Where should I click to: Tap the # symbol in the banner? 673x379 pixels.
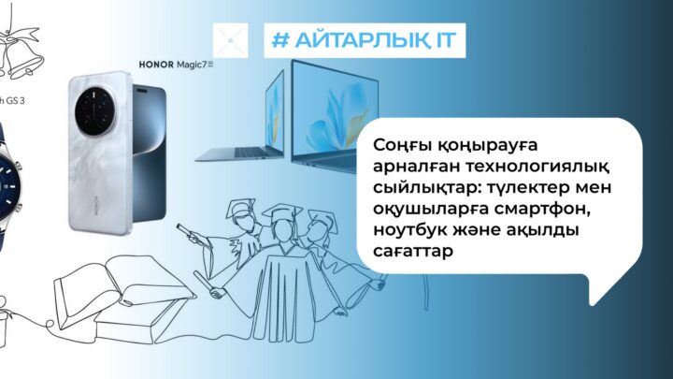(x=281, y=40)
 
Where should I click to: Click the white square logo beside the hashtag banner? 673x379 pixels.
(x=231, y=40)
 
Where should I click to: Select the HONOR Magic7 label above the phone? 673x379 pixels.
(x=176, y=65)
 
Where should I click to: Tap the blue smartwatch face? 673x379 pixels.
(x=7, y=186)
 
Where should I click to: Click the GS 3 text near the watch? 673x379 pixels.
(x=16, y=101)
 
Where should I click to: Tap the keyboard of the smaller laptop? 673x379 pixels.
(x=239, y=153)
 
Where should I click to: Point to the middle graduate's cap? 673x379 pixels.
(x=283, y=211)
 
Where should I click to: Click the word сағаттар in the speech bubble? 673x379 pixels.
(x=413, y=252)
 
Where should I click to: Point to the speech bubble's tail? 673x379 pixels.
(x=602, y=289)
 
